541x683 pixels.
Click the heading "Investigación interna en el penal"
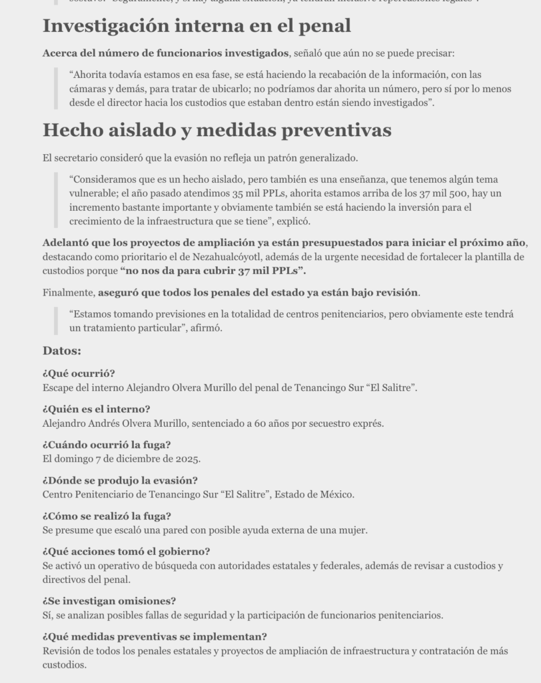[x=197, y=26]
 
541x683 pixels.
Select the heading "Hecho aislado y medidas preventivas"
[x=217, y=130]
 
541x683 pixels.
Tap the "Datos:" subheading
[x=62, y=351]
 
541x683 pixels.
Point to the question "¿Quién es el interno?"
[x=96, y=409]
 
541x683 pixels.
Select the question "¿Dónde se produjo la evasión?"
[x=120, y=480]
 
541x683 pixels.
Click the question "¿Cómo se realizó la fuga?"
[x=107, y=516]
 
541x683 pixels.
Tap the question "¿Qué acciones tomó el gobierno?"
[x=126, y=552]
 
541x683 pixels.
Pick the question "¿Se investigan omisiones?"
[x=109, y=601]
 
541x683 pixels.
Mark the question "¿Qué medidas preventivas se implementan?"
[x=155, y=637]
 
